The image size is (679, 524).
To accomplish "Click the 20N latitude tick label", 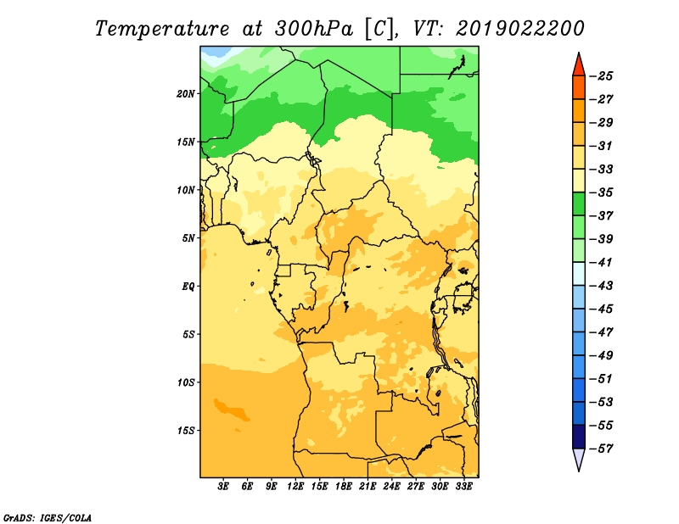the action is click(186, 94).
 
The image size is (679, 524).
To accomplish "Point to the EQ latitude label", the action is click(188, 287).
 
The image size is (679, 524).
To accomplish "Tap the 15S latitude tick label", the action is click(186, 431).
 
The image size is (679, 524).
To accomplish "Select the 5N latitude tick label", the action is click(188, 238).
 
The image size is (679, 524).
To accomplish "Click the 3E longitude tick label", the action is click(223, 487).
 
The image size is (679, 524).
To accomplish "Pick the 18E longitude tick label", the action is click(344, 487).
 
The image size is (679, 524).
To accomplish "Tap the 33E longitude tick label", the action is click(463, 487).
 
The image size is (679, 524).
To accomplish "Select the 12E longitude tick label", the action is click(295, 487).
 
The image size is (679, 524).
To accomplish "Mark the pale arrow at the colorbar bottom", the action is click(579, 458).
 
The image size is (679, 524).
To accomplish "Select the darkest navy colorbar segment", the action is click(579, 437).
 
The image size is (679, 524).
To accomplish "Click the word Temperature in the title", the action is click(162, 29).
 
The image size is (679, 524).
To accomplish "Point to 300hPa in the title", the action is click(314, 29).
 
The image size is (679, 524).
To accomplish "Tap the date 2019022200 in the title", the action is click(519, 29).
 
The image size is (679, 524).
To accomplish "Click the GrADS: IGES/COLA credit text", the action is click(48, 518).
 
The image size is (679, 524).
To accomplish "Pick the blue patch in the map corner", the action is click(214, 52).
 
